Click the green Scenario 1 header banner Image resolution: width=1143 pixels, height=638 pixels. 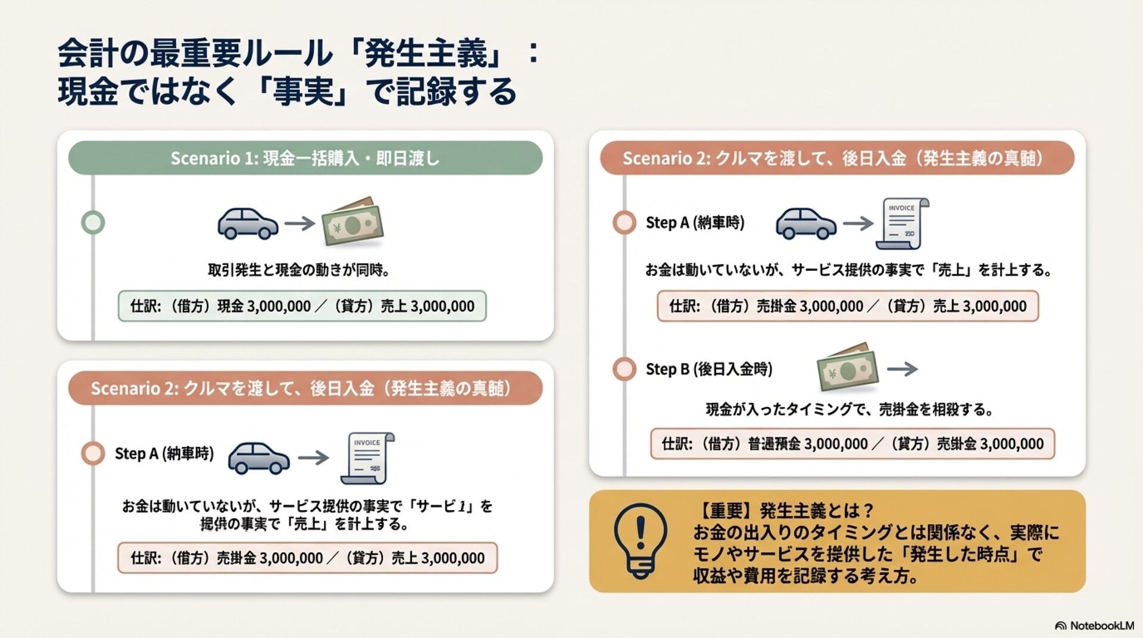pyautogui.click(x=305, y=158)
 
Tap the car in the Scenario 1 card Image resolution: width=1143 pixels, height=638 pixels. pyautogui.click(x=248, y=223)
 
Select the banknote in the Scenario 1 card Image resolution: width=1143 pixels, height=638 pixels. pyautogui.click(x=352, y=222)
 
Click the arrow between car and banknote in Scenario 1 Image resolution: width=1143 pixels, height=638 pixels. pyautogui.click(x=299, y=224)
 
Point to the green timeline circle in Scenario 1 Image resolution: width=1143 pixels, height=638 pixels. pyautogui.click(x=93, y=223)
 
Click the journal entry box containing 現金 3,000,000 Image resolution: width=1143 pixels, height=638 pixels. pyautogui.click(x=302, y=307)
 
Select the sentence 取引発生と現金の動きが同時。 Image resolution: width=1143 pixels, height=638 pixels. pyautogui.click(x=299, y=270)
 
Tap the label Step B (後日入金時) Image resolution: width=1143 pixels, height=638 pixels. pyautogui.click(x=709, y=369)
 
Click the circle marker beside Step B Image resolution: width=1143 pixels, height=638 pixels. pyautogui.click(x=624, y=369)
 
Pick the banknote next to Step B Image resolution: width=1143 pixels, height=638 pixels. pyautogui.click(x=848, y=368)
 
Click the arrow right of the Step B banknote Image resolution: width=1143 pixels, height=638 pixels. pyautogui.click(x=902, y=369)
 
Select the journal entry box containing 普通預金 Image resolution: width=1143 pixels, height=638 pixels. pyautogui.click(x=852, y=444)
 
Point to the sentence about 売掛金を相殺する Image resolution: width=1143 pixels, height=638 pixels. pyautogui.click(x=850, y=409)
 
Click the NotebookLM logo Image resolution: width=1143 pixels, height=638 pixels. pyautogui.click(x=1094, y=626)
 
